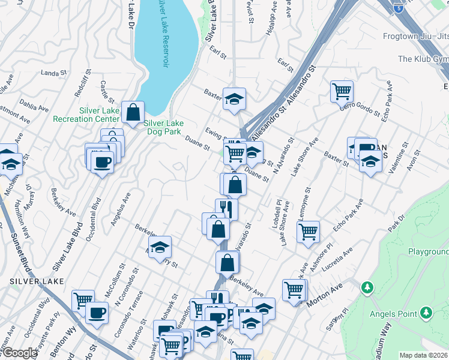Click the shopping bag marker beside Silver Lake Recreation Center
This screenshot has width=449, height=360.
click(133, 111)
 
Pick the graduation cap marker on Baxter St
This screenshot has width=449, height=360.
click(235, 98)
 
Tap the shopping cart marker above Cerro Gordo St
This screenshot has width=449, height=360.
click(342, 92)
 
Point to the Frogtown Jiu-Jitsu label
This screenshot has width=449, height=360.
click(415, 36)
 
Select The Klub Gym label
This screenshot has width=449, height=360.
click(423, 59)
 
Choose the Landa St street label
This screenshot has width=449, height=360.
click(53, 73)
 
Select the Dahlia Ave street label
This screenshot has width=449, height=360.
click(34, 106)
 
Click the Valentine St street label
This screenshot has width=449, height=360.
click(398, 158)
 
